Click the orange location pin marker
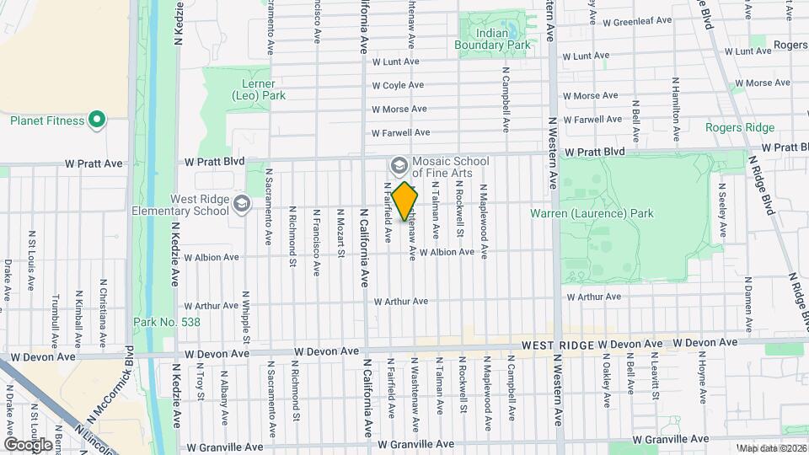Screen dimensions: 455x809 [404, 201]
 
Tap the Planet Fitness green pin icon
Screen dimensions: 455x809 [97, 120]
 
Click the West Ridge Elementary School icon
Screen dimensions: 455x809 [242, 204]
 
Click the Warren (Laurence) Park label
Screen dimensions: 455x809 [592, 213]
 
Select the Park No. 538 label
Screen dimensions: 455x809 [158, 322]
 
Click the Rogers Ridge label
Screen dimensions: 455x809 [741, 127]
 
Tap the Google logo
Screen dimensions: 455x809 [28, 443]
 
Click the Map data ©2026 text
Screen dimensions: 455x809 [772, 448]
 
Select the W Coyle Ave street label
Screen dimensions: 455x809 [398, 85]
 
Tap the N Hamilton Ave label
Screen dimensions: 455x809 [675, 110]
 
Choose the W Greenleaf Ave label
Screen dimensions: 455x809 [637, 20]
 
